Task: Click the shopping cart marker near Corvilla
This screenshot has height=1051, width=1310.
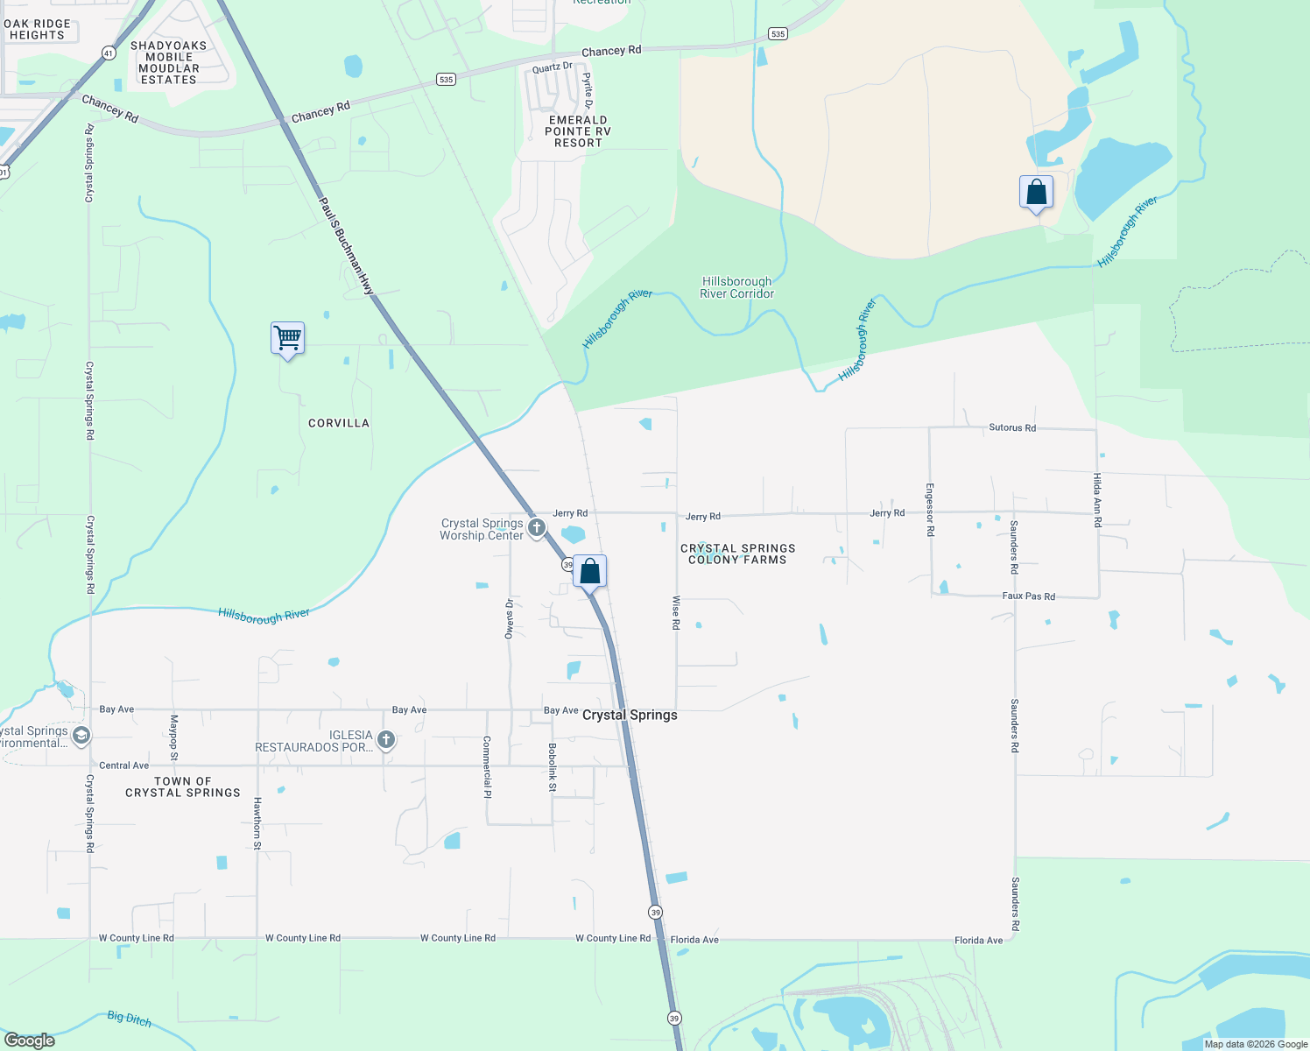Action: (x=287, y=337)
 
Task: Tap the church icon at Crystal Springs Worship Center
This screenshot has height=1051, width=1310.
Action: (x=537, y=528)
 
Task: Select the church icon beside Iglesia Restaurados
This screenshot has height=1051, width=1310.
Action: (x=385, y=740)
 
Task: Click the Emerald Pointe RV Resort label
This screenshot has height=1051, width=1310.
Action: (x=578, y=131)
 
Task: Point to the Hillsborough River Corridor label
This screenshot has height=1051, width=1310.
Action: (x=737, y=287)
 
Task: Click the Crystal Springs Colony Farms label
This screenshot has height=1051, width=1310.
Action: (x=738, y=554)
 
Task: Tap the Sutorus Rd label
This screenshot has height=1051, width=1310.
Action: (x=1012, y=427)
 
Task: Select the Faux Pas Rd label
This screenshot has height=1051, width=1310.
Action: (x=1028, y=596)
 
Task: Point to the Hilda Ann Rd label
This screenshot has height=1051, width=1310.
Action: (x=1097, y=499)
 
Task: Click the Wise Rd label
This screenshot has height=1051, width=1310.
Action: (x=676, y=612)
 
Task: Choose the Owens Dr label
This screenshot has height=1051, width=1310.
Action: (x=509, y=618)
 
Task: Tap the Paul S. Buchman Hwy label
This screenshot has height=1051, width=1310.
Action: (x=347, y=245)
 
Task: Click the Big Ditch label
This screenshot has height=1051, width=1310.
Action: (x=129, y=1019)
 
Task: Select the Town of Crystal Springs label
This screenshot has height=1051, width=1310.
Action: (x=183, y=786)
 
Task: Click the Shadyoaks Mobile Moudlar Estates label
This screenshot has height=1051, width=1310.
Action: (x=169, y=62)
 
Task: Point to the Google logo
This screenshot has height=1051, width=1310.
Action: (x=30, y=1040)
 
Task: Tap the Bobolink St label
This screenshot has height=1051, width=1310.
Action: (x=553, y=768)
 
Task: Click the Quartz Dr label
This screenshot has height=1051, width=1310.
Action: (x=552, y=67)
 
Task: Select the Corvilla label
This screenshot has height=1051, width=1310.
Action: (x=339, y=423)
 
